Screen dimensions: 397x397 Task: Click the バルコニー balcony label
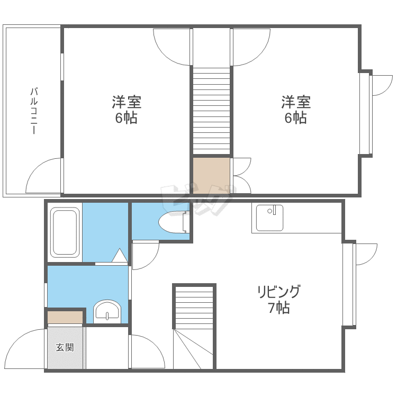click(34, 111)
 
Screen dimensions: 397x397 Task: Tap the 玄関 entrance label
click(65, 347)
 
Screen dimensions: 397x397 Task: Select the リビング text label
click(278, 292)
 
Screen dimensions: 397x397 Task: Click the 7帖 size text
click(279, 308)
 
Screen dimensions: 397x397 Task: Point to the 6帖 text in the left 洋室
click(126, 118)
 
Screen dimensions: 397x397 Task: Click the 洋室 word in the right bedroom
click(296, 102)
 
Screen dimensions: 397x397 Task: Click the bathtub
click(65, 232)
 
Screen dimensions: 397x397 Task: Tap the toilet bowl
click(174, 222)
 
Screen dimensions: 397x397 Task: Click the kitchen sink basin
click(269, 218)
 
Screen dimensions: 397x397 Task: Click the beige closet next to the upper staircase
click(211, 176)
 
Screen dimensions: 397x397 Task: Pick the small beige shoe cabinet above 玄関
click(65, 317)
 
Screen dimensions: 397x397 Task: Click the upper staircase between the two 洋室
click(211, 111)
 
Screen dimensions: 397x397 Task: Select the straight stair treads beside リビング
click(194, 308)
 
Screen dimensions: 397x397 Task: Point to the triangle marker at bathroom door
click(120, 256)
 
